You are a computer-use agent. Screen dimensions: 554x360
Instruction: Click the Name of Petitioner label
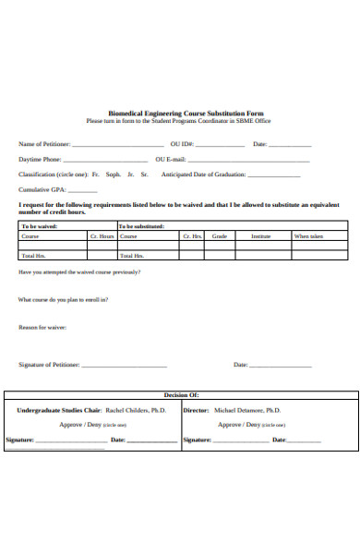coord(43,144)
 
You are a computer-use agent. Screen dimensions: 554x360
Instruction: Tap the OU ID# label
coord(182,144)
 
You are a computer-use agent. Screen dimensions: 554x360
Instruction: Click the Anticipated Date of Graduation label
coord(204,174)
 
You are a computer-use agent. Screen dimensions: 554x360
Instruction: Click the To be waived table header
coord(37,225)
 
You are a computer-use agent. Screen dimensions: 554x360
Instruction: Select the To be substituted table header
coord(140,225)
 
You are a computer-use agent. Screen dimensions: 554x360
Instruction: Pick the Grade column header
coord(220,236)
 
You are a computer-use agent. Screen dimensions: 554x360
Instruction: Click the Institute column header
coord(261,236)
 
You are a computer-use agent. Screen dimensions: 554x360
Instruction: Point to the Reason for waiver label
coord(42,327)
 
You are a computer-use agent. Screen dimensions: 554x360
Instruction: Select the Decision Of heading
coord(181,394)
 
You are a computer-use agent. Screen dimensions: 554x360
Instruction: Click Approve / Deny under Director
coord(238,424)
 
